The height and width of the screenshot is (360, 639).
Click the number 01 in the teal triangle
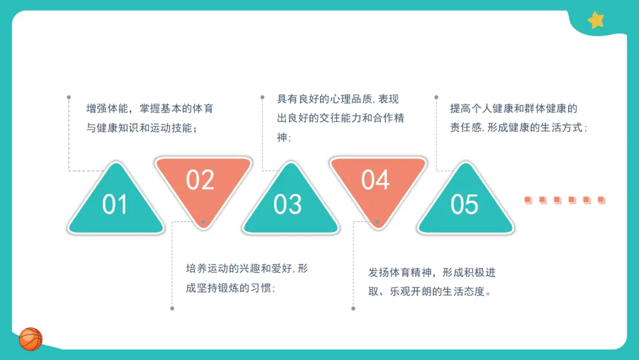pos(115,205)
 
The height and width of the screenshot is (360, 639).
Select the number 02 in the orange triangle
pos(200,180)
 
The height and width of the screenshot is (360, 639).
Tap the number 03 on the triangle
pos(288,205)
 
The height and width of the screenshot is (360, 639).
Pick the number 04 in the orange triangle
pos(376,180)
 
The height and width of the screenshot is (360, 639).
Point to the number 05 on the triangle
pos(464,205)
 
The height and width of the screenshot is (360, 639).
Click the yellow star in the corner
pos(596,21)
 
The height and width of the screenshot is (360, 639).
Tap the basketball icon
pos(31,339)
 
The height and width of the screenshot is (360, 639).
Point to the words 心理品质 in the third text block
pos(351,99)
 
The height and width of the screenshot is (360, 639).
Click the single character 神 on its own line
pos(282,137)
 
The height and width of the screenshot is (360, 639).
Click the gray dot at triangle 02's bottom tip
pos(204,222)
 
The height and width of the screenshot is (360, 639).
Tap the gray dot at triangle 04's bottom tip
pos(377,222)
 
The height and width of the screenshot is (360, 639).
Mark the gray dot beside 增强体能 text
pos(69,97)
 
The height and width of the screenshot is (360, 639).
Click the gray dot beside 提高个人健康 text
pos(437,97)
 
